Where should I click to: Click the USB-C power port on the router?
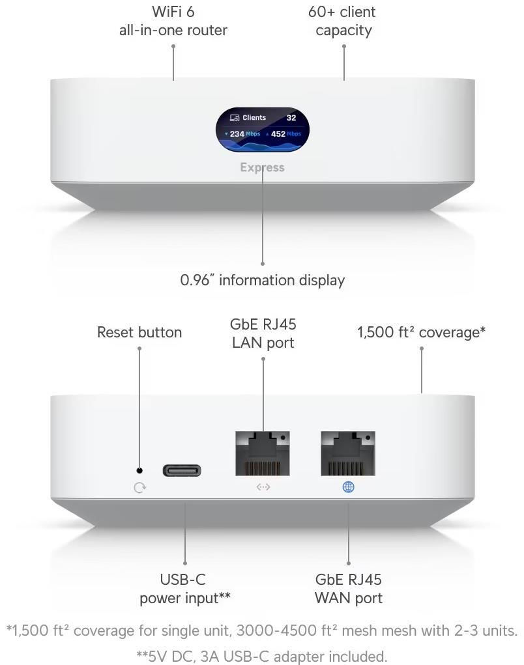coord(182,470)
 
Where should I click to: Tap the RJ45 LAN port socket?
coord(263,453)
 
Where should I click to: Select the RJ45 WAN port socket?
coord(348,453)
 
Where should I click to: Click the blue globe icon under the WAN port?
coord(348,487)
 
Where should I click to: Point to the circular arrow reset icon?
coord(139,487)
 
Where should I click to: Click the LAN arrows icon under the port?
coord(263,487)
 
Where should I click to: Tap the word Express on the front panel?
coord(262,167)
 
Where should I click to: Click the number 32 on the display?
coord(291,118)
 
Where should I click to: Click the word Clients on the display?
coord(254,118)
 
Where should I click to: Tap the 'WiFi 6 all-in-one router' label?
coord(173,21)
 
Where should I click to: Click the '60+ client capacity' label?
coord(343,21)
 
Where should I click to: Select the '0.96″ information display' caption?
coord(262,281)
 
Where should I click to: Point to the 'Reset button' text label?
coord(139,332)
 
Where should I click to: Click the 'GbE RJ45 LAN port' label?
coord(263,333)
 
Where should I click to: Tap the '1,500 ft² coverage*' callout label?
coord(421,332)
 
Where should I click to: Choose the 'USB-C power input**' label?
coord(185,589)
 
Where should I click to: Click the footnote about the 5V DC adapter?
coord(262,655)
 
